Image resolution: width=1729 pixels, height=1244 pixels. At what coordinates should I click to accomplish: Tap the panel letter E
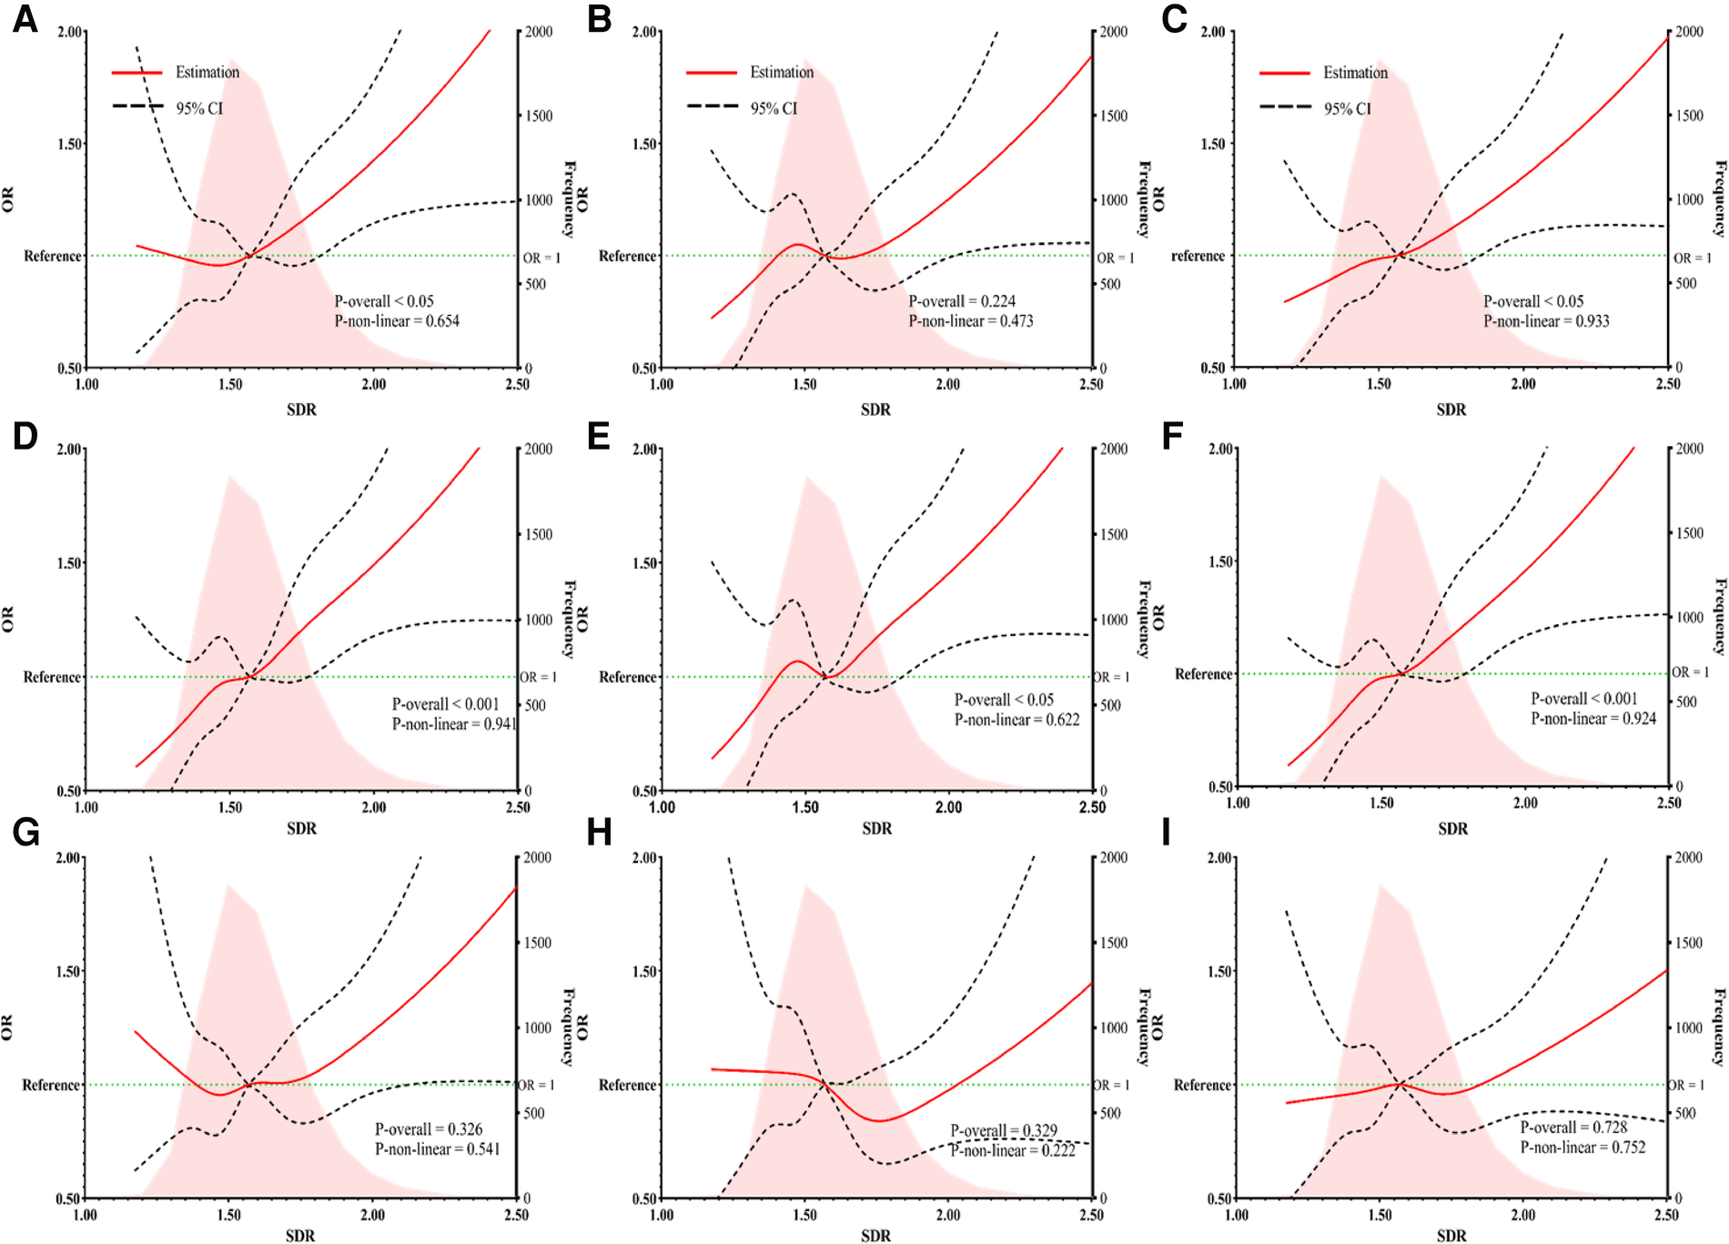598,436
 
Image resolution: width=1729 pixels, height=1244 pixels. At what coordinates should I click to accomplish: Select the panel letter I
1167,833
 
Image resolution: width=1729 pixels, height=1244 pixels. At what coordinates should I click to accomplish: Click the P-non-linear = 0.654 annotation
397,321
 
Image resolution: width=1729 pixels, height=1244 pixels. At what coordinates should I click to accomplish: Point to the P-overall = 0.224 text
962,301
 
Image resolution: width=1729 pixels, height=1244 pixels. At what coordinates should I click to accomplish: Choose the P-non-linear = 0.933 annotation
1546,321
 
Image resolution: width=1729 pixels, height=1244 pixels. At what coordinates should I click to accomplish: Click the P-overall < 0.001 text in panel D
446,704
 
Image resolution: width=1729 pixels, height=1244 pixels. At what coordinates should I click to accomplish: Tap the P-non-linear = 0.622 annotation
1016,720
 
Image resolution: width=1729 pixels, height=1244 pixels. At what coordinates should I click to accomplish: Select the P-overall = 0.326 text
429,1129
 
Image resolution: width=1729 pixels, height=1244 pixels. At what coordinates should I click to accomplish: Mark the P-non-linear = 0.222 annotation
1013,1151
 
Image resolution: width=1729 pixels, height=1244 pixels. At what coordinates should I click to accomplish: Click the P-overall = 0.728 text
1573,1128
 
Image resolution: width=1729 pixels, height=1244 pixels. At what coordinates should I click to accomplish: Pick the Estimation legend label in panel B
782,72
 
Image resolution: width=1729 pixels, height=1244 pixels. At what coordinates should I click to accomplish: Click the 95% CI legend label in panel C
1347,108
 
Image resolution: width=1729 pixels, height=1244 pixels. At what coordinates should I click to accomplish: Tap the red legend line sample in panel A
136,72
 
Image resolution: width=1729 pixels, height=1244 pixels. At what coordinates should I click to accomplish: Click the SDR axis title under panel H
875,1235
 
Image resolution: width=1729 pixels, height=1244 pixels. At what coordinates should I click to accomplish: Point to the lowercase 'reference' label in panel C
1198,256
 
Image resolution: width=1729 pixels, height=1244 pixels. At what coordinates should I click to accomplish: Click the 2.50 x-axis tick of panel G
516,1215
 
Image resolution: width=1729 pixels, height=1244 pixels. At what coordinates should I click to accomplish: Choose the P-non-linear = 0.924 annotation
1593,719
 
